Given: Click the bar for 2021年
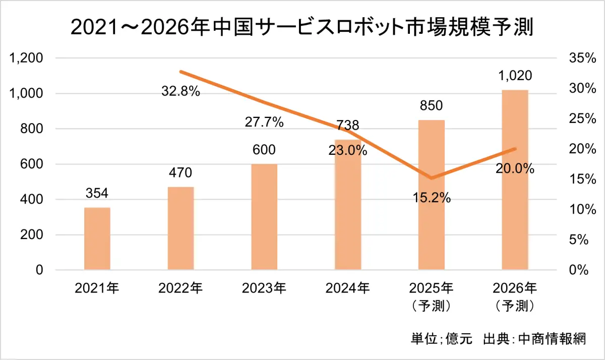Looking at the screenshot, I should click(x=97, y=238).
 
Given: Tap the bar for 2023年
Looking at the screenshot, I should click(x=264, y=217).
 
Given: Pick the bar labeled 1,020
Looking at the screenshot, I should click(x=515, y=179).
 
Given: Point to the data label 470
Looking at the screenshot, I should click(x=180, y=173).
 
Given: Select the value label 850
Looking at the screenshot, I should click(x=431, y=106).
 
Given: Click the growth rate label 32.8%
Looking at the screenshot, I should click(x=181, y=92).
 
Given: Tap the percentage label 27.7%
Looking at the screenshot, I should click(x=265, y=122).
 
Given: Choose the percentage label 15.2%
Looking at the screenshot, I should click(x=432, y=198).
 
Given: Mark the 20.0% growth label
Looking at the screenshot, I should click(x=515, y=169).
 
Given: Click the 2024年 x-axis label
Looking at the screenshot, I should click(x=348, y=288).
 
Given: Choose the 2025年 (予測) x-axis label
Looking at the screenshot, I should click(x=432, y=296).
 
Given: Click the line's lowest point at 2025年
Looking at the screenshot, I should click(x=432, y=178).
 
